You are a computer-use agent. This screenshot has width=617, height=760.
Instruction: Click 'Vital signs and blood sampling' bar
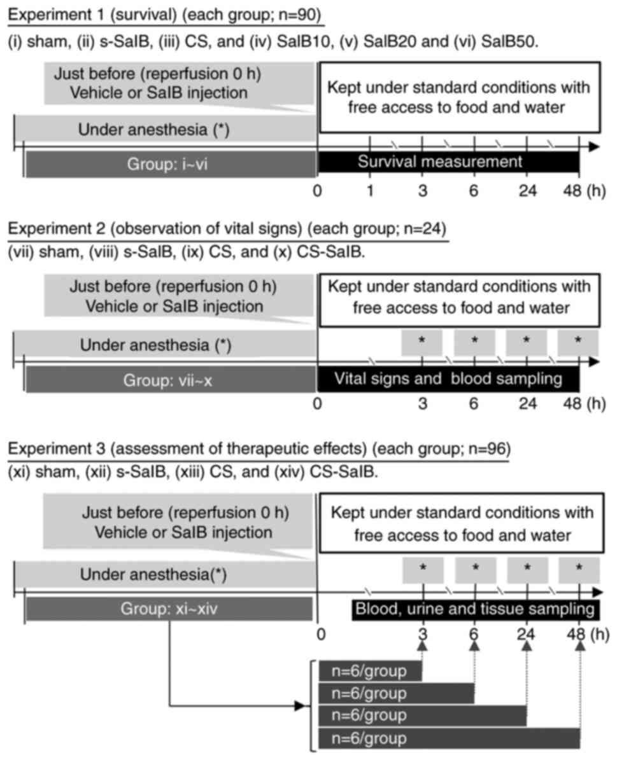point(448,380)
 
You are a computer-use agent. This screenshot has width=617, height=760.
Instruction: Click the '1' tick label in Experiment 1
point(370,191)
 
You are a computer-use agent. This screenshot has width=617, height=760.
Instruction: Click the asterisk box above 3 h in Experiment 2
point(422,342)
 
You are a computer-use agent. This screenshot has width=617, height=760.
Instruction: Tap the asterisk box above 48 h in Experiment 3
point(579,569)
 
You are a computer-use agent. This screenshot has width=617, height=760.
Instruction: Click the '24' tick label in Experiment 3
point(527,635)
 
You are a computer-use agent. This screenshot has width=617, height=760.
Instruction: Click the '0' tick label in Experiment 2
point(318,404)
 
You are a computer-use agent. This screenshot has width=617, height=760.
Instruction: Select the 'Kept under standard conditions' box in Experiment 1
point(458,97)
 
